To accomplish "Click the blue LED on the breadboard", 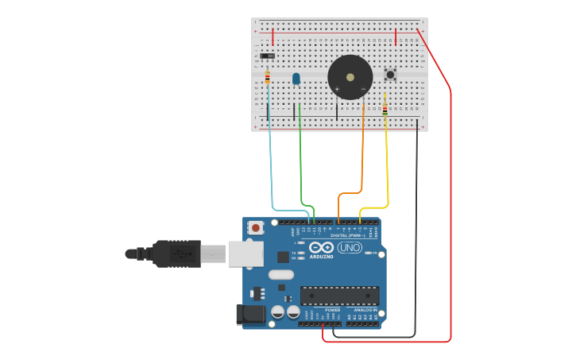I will [296, 79].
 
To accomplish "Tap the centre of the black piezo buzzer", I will [350, 77].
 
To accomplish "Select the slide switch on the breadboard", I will [268, 56].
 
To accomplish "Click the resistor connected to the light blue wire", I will [268, 77].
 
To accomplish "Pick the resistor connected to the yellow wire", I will [385, 108].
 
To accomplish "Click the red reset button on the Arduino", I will [256, 228].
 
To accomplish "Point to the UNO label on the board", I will [350, 248].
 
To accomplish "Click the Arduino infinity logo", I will [323, 248].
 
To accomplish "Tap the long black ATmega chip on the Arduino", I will [339, 295].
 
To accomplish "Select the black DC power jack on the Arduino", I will [249, 314].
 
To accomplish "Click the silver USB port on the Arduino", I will [245, 254].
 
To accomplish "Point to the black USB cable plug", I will [177, 254].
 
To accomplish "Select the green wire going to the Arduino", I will [300, 159].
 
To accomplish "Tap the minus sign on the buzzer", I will [364, 88].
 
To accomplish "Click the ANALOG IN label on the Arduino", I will [365, 310].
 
